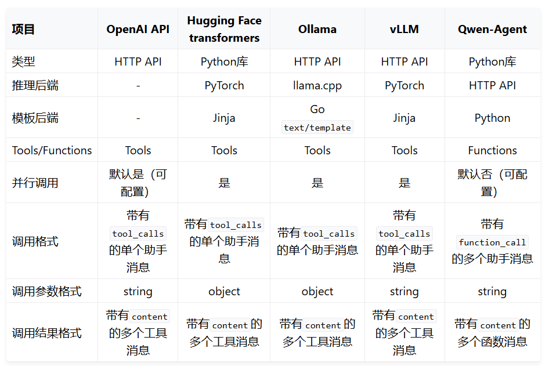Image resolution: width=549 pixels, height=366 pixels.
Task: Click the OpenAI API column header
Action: click(x=138, y=29)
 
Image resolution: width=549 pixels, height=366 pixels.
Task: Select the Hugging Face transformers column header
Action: click(x=224, y=29)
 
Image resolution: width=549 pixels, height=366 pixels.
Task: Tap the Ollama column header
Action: click(x=317, y=29)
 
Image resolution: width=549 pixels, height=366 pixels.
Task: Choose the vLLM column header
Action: click(x=404, y=29)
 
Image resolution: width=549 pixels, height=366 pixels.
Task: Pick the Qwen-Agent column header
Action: click(x=492, y=29)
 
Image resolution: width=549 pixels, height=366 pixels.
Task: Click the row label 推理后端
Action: click(x=35, y=85)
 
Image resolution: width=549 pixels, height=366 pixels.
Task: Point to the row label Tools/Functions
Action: click(x=52, y=150)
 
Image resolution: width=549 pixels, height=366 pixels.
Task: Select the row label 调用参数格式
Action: click(x=47, y=291)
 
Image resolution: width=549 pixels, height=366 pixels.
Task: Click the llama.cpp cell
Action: click(x=317, y=85)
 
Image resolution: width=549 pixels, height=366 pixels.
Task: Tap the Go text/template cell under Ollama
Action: click(x=317, y=118)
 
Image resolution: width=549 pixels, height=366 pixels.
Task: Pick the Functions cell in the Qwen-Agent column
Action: click(x=492, y=150)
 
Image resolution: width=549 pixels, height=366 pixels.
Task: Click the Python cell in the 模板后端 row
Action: click(x=492, y=118)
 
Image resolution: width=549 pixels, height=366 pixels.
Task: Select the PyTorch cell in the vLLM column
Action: click(x=404, y=85)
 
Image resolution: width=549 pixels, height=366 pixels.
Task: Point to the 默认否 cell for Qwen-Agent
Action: click(x=492, y=183)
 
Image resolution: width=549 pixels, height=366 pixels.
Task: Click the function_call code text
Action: click(x=492, y=242)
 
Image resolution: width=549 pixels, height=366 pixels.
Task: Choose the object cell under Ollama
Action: click(x=317, y=291)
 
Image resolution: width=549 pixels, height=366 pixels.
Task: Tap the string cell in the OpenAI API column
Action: click(x=138, y=291)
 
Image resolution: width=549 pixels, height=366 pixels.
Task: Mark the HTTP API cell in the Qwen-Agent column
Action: click(x=492, y=85)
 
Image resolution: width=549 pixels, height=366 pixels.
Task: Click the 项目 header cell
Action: click(x=24, y=29)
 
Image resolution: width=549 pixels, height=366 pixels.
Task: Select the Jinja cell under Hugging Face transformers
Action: click(x=224, y=118)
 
